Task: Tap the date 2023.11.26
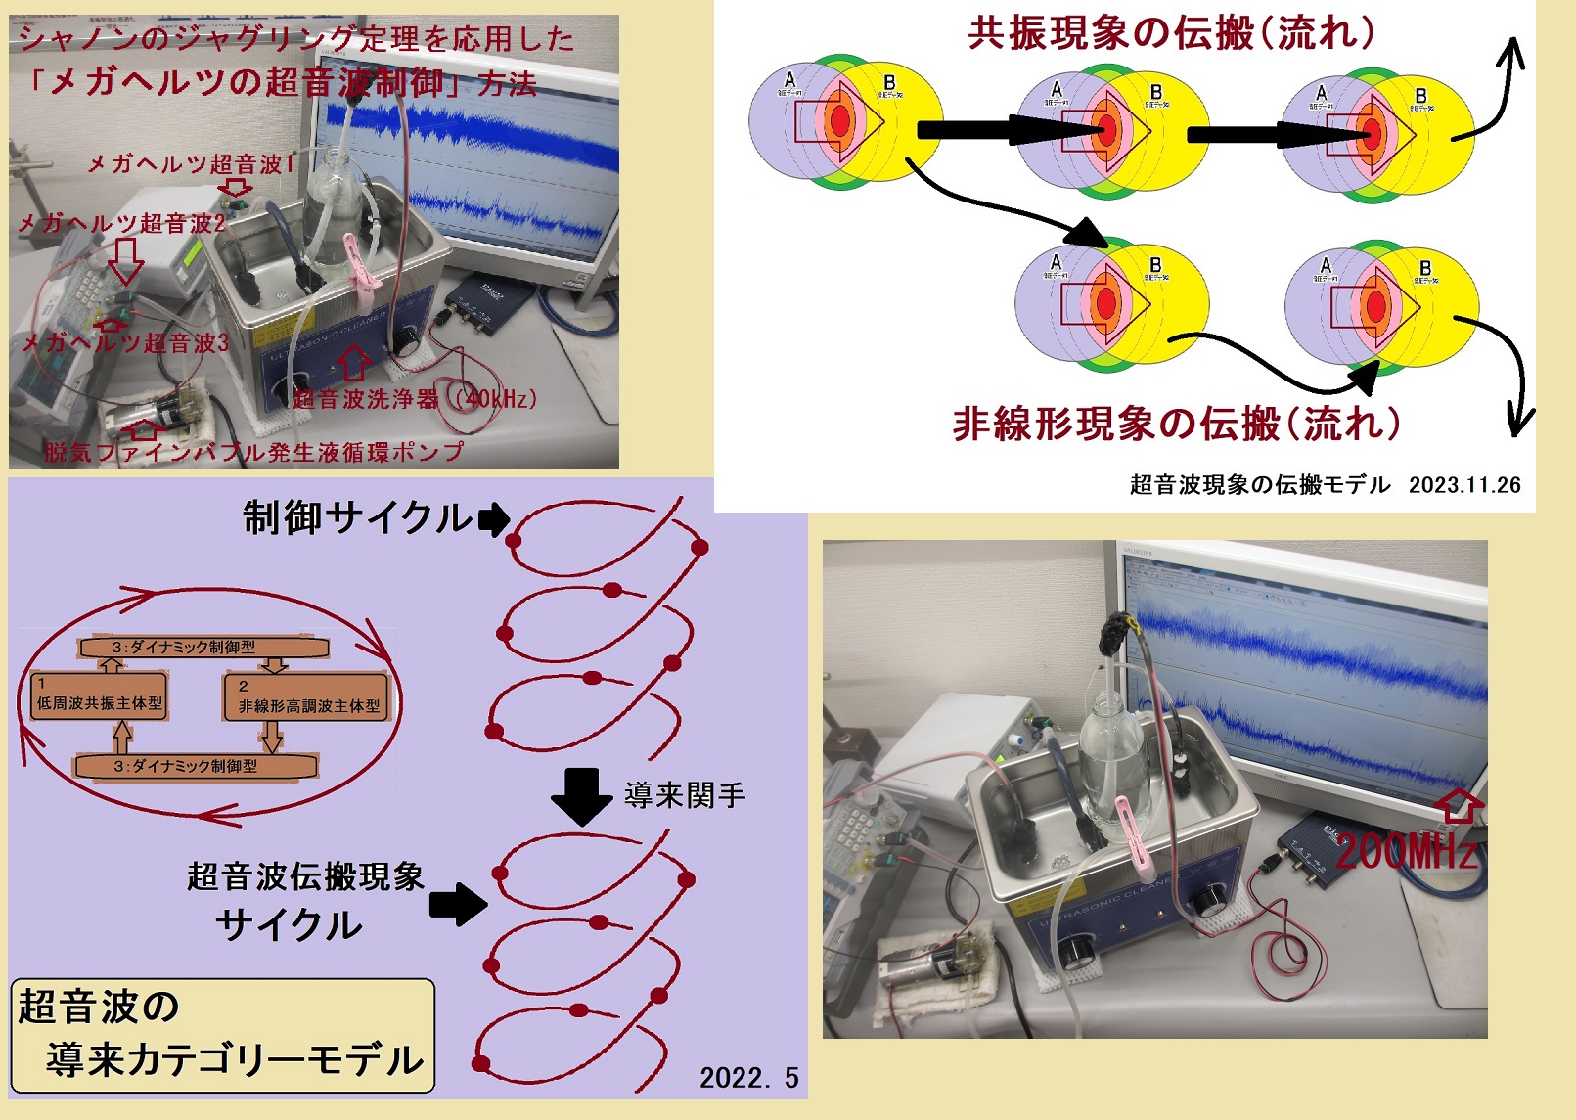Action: [1464, 485]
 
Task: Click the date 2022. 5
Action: [748, 1078]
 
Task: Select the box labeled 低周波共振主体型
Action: [99, 696]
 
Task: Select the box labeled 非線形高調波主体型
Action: [307, 698]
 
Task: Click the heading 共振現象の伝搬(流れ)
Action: [1171, 34]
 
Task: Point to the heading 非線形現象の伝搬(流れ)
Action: [1177, 425]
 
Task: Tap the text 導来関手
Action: [685, 795]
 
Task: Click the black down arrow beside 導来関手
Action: [581, 793]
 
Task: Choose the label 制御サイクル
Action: [357, 518]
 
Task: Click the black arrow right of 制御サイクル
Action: [494, 519]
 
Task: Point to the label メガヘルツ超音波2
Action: [121, 224]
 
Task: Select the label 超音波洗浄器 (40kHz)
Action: [415, 399]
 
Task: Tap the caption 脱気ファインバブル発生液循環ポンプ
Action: [253, 452]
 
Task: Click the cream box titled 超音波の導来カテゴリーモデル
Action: [223, 1035]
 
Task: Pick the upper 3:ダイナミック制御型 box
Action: [203, 647]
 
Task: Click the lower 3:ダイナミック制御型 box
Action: [196, 766]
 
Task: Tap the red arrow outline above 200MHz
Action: [1458, 805]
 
